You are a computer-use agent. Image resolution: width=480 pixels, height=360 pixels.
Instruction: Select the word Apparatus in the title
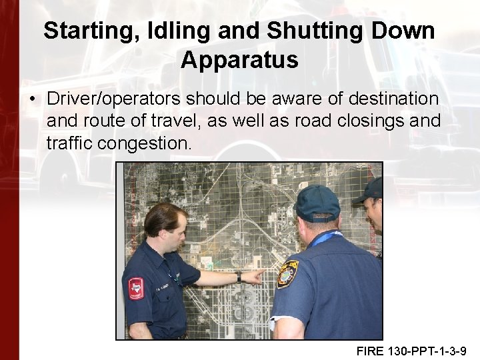(239, 60)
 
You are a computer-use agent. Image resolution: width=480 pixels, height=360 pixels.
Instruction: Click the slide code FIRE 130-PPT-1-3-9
(411, 350)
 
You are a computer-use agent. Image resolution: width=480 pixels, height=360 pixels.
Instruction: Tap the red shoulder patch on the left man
(136, 287)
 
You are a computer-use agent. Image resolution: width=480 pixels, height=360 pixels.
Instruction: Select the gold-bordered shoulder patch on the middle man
(287, 273)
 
